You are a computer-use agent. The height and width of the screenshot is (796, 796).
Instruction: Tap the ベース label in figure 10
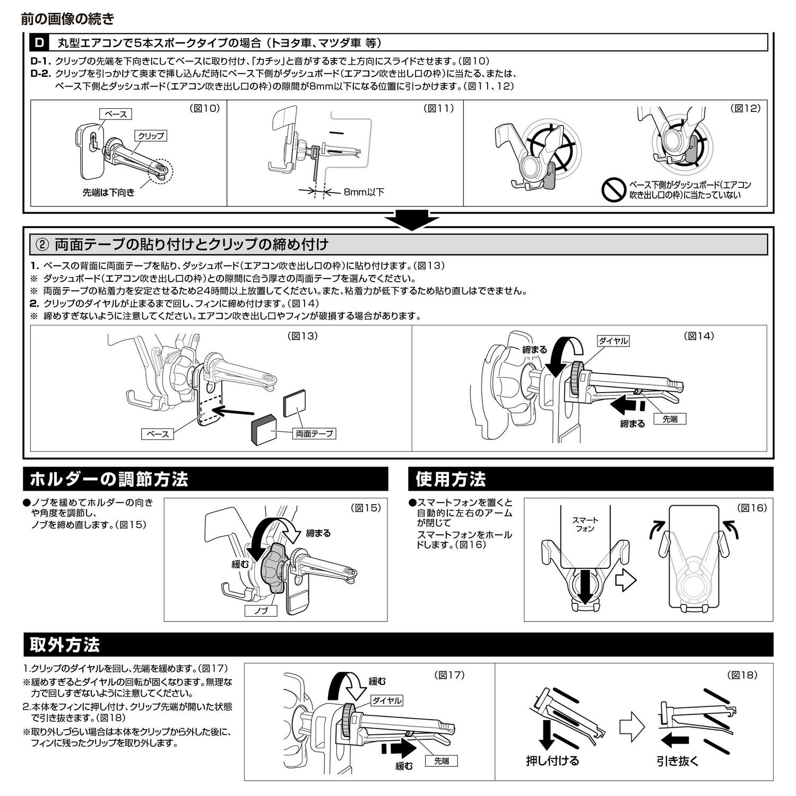(116, 114)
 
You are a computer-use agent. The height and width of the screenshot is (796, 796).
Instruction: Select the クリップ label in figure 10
(151, 136)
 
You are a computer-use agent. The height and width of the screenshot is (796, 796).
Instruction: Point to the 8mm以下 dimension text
(364, 192)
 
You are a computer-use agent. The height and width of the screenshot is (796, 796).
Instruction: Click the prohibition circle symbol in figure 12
(614, 189)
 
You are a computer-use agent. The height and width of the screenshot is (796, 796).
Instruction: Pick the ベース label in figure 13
(158, 434)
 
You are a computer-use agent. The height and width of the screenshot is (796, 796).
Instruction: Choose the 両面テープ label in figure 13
(315, 434)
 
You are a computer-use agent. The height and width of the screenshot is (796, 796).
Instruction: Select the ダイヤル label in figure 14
(613, 341)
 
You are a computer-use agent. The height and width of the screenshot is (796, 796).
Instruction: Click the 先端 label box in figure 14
(670, 419)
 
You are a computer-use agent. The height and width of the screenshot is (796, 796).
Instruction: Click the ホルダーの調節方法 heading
(109, 479)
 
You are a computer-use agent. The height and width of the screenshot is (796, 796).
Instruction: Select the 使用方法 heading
(451, 479)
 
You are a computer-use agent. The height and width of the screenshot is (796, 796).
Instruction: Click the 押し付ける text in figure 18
(552, 761)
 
